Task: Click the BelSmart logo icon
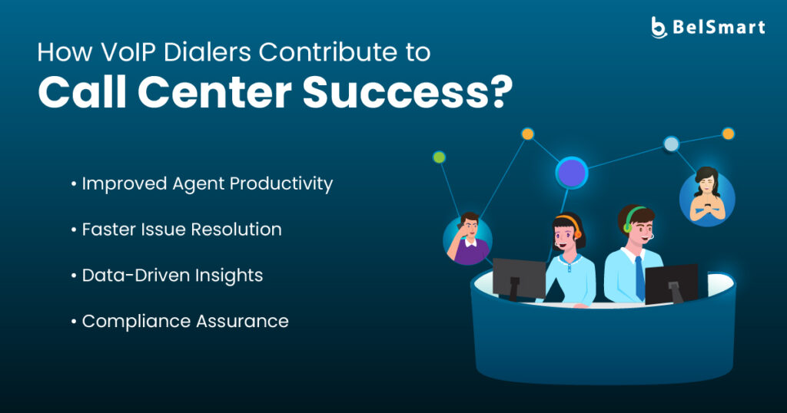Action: [x=659, y=27]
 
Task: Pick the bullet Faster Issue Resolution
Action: [x=176, y=230]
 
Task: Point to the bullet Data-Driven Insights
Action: [x=167, y=276]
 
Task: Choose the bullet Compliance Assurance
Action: [x=180, y=322]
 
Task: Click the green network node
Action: [x=439, y=157]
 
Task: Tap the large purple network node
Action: [x=572, y=173]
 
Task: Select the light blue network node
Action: [x=671, y=144]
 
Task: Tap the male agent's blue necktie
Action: [x=639, y=278]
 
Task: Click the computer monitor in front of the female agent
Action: [x=519, y=279]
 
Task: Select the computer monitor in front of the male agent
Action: [x=672, y=284]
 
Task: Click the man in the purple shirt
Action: [x=467, y=239]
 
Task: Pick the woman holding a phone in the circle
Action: [x=707, y=196]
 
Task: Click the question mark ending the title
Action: [x=501, y=91]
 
